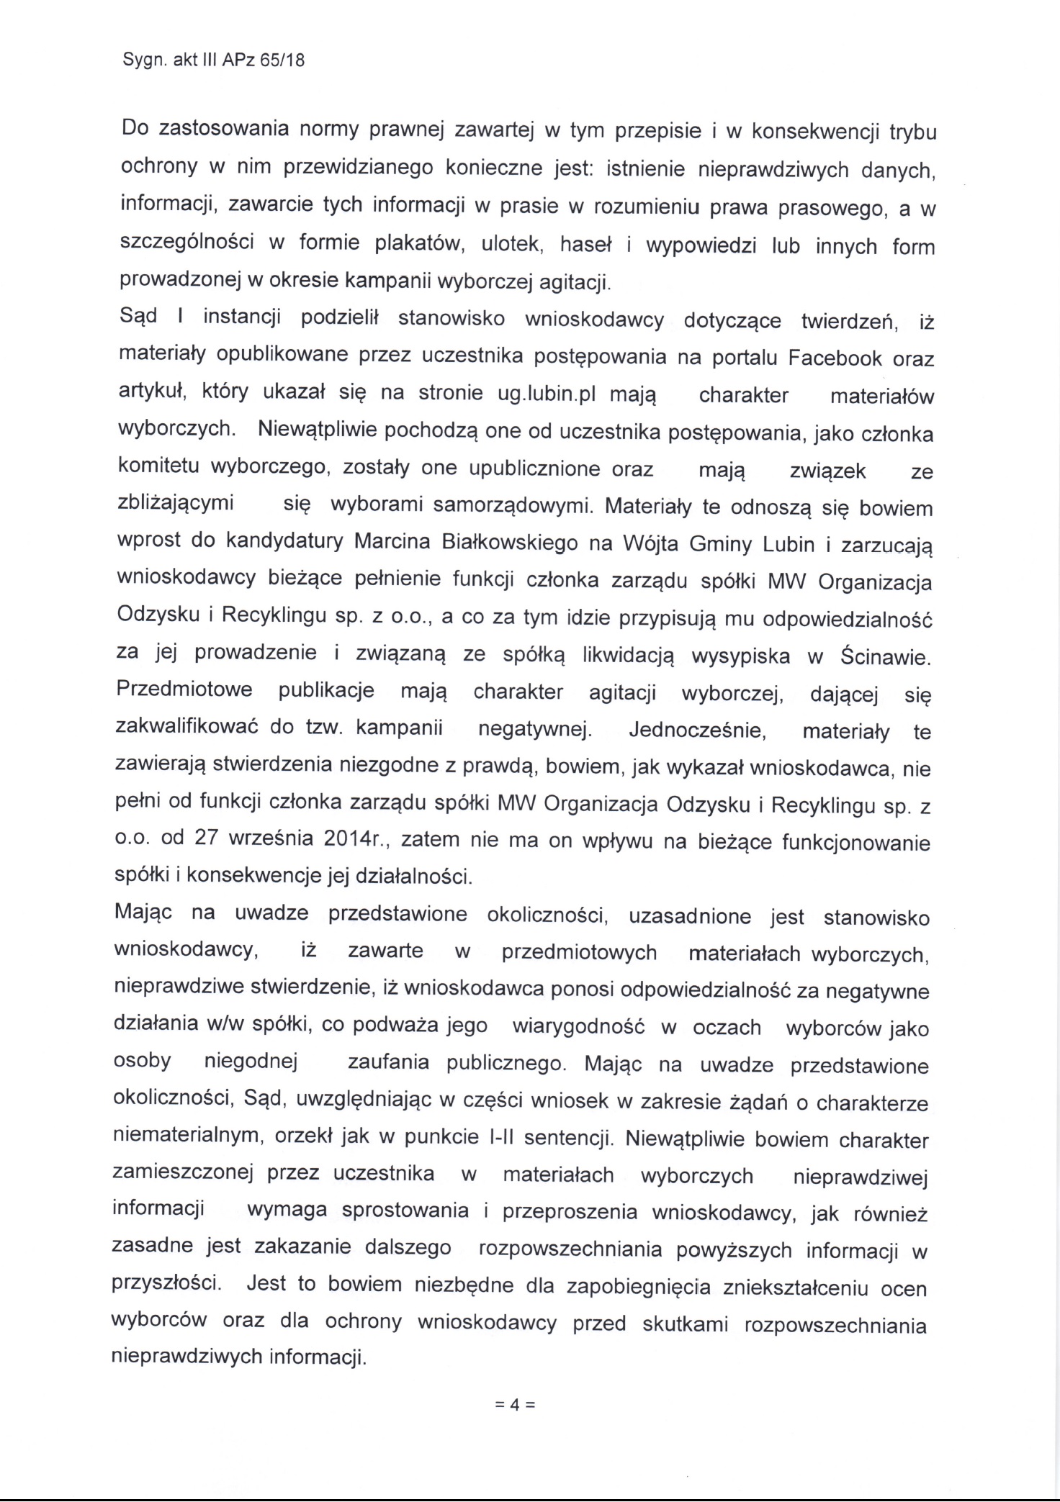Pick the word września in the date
(272, 839)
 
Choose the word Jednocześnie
(697, 730)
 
